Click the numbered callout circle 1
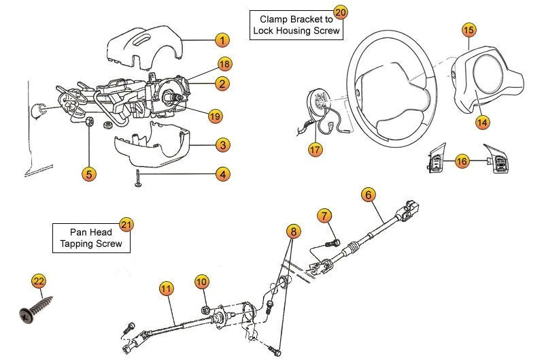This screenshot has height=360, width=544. [222, 39]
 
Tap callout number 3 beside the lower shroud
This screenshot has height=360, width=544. [222, 144]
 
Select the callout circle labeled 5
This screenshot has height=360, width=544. [88, 174]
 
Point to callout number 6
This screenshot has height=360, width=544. [368, 195]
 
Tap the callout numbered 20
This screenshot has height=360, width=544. [341, 12]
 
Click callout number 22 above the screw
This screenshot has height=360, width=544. [39, 280]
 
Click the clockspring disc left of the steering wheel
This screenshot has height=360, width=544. [319, 103]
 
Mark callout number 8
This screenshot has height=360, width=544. [293, 232]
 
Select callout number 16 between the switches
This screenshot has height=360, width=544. [462, 161]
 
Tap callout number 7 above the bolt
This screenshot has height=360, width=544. [325, 216]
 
